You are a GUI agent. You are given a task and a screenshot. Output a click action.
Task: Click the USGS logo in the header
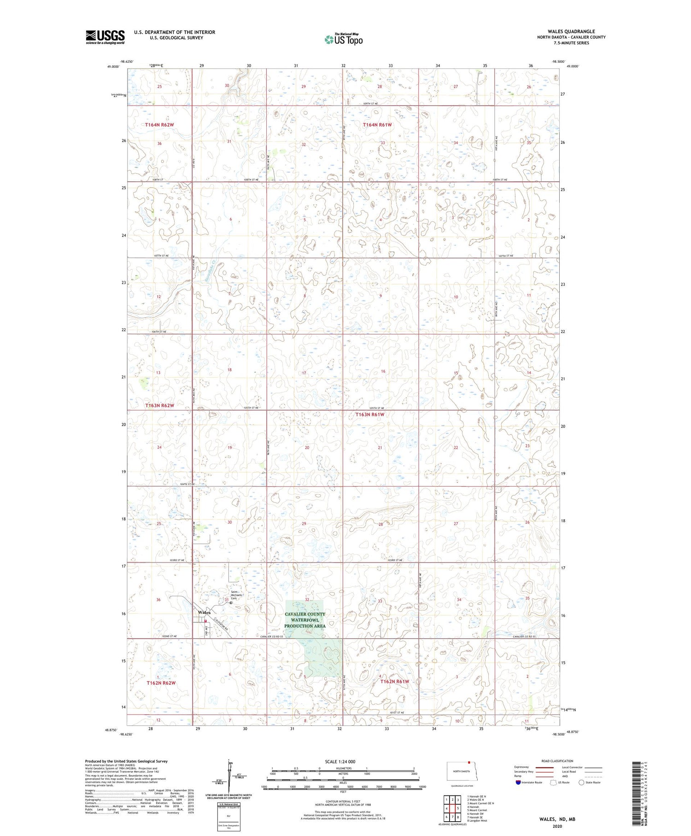[105, 37]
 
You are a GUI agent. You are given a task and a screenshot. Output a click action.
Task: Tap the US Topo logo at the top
[343, 40]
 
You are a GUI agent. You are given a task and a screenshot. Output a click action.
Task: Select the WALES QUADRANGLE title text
[571, 31]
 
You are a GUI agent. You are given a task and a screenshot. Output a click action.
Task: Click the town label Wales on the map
[204, 612]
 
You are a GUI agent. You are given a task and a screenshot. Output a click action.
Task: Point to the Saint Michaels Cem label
[237, 595]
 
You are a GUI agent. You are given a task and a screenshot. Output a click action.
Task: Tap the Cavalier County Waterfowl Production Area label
[305, 620]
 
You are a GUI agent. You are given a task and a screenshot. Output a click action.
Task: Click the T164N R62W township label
[159, 125]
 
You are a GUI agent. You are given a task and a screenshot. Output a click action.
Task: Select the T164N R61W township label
[377, 125]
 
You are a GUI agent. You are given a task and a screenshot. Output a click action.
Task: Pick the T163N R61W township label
[369, 415]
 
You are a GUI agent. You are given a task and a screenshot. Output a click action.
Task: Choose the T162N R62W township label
[161, 682]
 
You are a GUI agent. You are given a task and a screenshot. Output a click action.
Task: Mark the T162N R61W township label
[394, 682]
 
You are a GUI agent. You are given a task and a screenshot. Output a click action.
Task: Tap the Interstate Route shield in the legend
[518, 783]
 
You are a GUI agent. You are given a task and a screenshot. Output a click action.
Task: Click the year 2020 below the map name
[558, 826]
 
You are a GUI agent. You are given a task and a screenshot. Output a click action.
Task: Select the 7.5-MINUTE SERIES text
[571, 43]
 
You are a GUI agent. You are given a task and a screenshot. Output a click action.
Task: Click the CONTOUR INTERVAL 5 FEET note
[343, 801]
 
